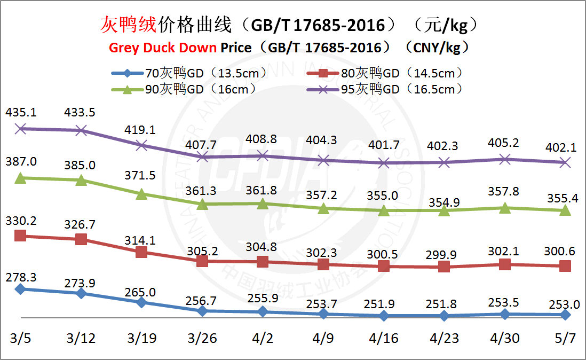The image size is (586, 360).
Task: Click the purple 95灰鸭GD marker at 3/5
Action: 20,128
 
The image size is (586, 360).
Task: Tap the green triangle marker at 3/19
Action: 141,194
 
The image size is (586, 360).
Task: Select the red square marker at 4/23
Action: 444,267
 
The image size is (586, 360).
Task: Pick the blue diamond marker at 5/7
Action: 565,315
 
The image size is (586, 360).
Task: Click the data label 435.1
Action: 20,113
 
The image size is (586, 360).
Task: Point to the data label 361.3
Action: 202,190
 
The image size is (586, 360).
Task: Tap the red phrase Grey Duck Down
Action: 163,48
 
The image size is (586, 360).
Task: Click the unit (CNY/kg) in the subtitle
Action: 441,48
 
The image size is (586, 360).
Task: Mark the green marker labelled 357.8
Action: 504,208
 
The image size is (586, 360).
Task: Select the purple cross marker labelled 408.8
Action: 263,155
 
